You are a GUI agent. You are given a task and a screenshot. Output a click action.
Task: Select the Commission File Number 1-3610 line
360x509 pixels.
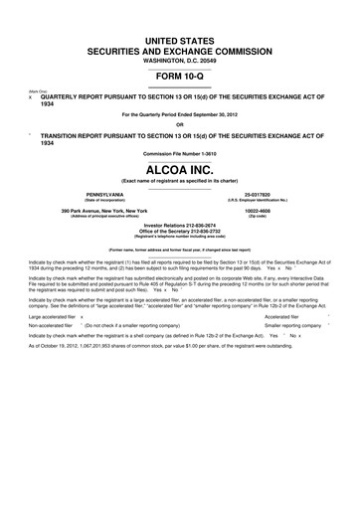[180, 153]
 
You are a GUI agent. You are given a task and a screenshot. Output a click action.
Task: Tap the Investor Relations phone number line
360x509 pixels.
[180, 227]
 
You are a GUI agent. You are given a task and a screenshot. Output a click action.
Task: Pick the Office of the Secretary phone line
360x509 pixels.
[180, 233]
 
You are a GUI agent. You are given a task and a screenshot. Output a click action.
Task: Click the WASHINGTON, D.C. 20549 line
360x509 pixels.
[180, 58]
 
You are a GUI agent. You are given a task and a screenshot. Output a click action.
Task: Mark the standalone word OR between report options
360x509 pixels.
[180, 123]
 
